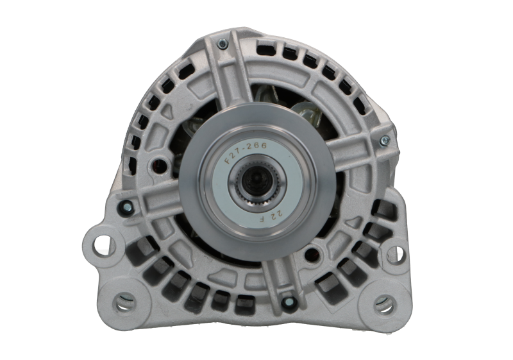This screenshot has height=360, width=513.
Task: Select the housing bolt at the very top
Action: (x=221, y=44)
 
